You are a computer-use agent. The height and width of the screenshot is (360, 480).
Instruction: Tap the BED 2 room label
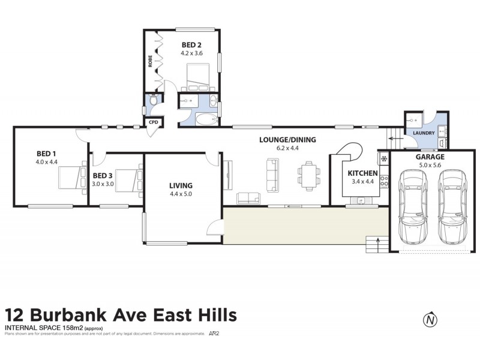[x=192, y=44]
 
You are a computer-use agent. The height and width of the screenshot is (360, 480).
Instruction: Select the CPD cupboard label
[x=154, y=122]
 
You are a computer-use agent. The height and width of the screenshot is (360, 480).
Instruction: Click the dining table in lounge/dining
[x=308, y=173]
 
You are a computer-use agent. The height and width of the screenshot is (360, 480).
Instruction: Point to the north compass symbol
[x=430, y=320]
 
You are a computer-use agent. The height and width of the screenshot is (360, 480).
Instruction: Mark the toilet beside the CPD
[x=154, y=102]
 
